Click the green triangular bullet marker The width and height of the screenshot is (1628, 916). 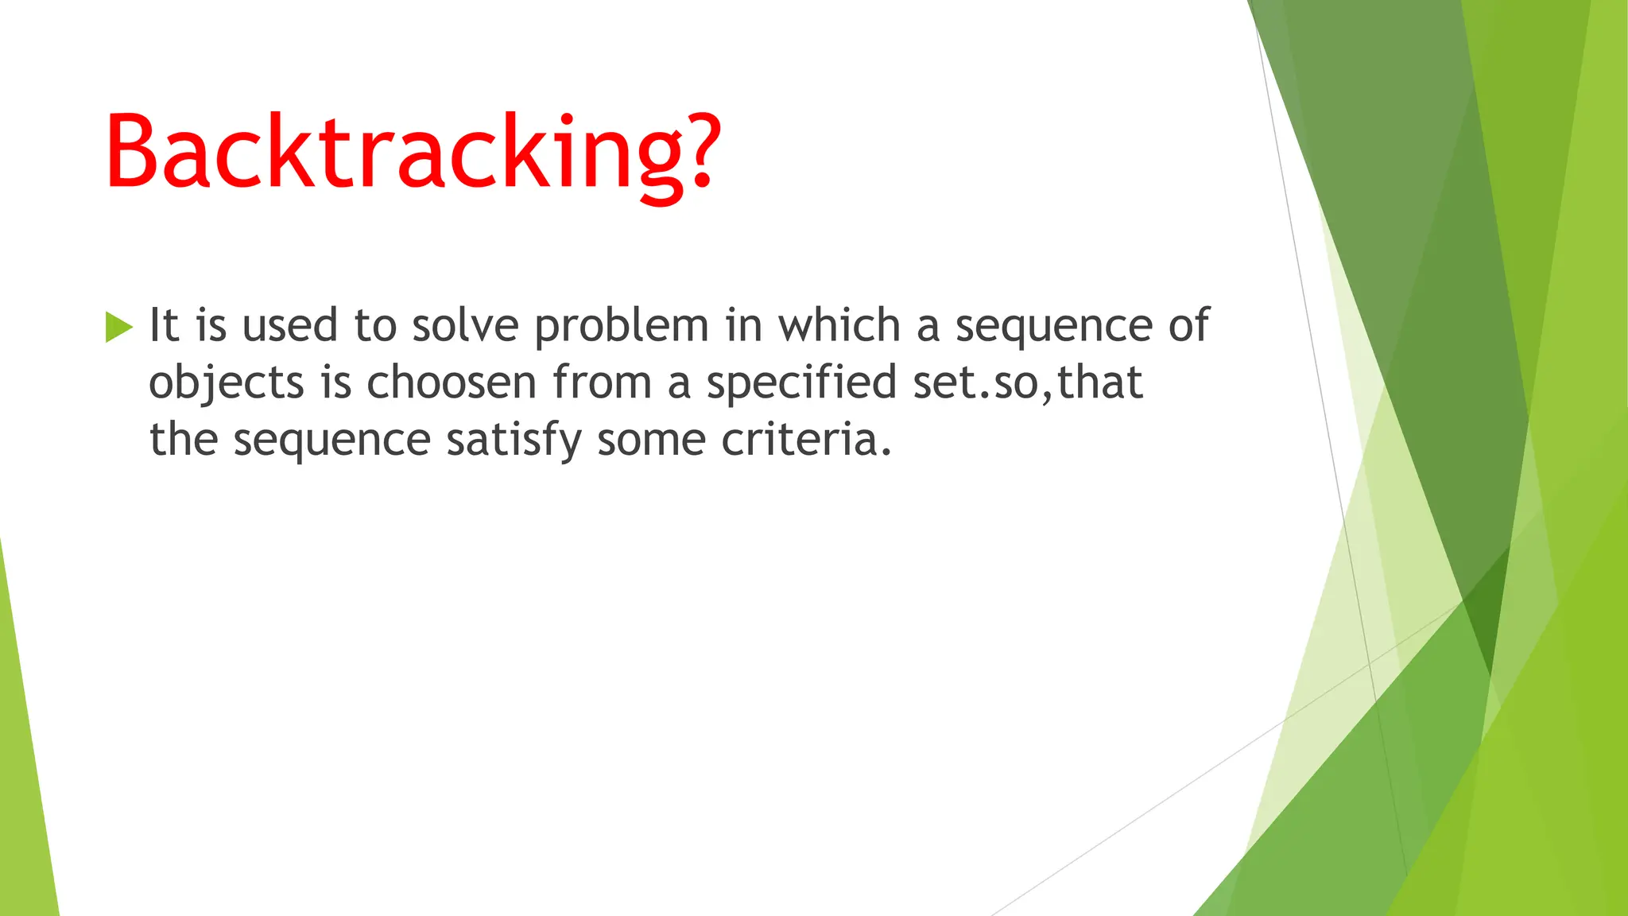[118, 327]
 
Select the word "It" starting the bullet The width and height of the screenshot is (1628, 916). [165, 325]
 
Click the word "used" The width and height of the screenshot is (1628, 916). [289, 325]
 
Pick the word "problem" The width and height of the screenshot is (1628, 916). [621, 327]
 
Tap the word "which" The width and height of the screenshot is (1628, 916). [839, 325]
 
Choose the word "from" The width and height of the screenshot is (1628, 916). [602, 382]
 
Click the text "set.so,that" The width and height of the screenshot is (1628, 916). [1028, 382]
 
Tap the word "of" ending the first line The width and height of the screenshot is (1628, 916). [1188, 325]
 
